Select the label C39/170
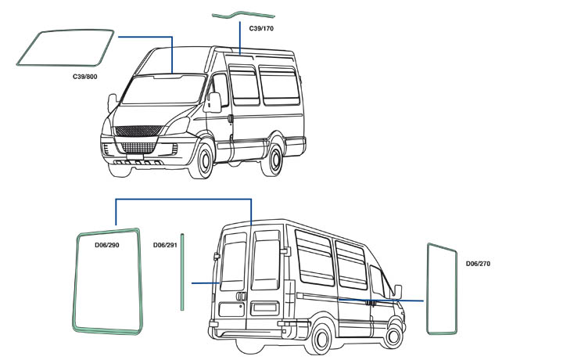tap(261, 28)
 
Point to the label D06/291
tap(165, 246)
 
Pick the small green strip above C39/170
tap(244, 14)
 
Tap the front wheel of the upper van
tap(204, 160)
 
